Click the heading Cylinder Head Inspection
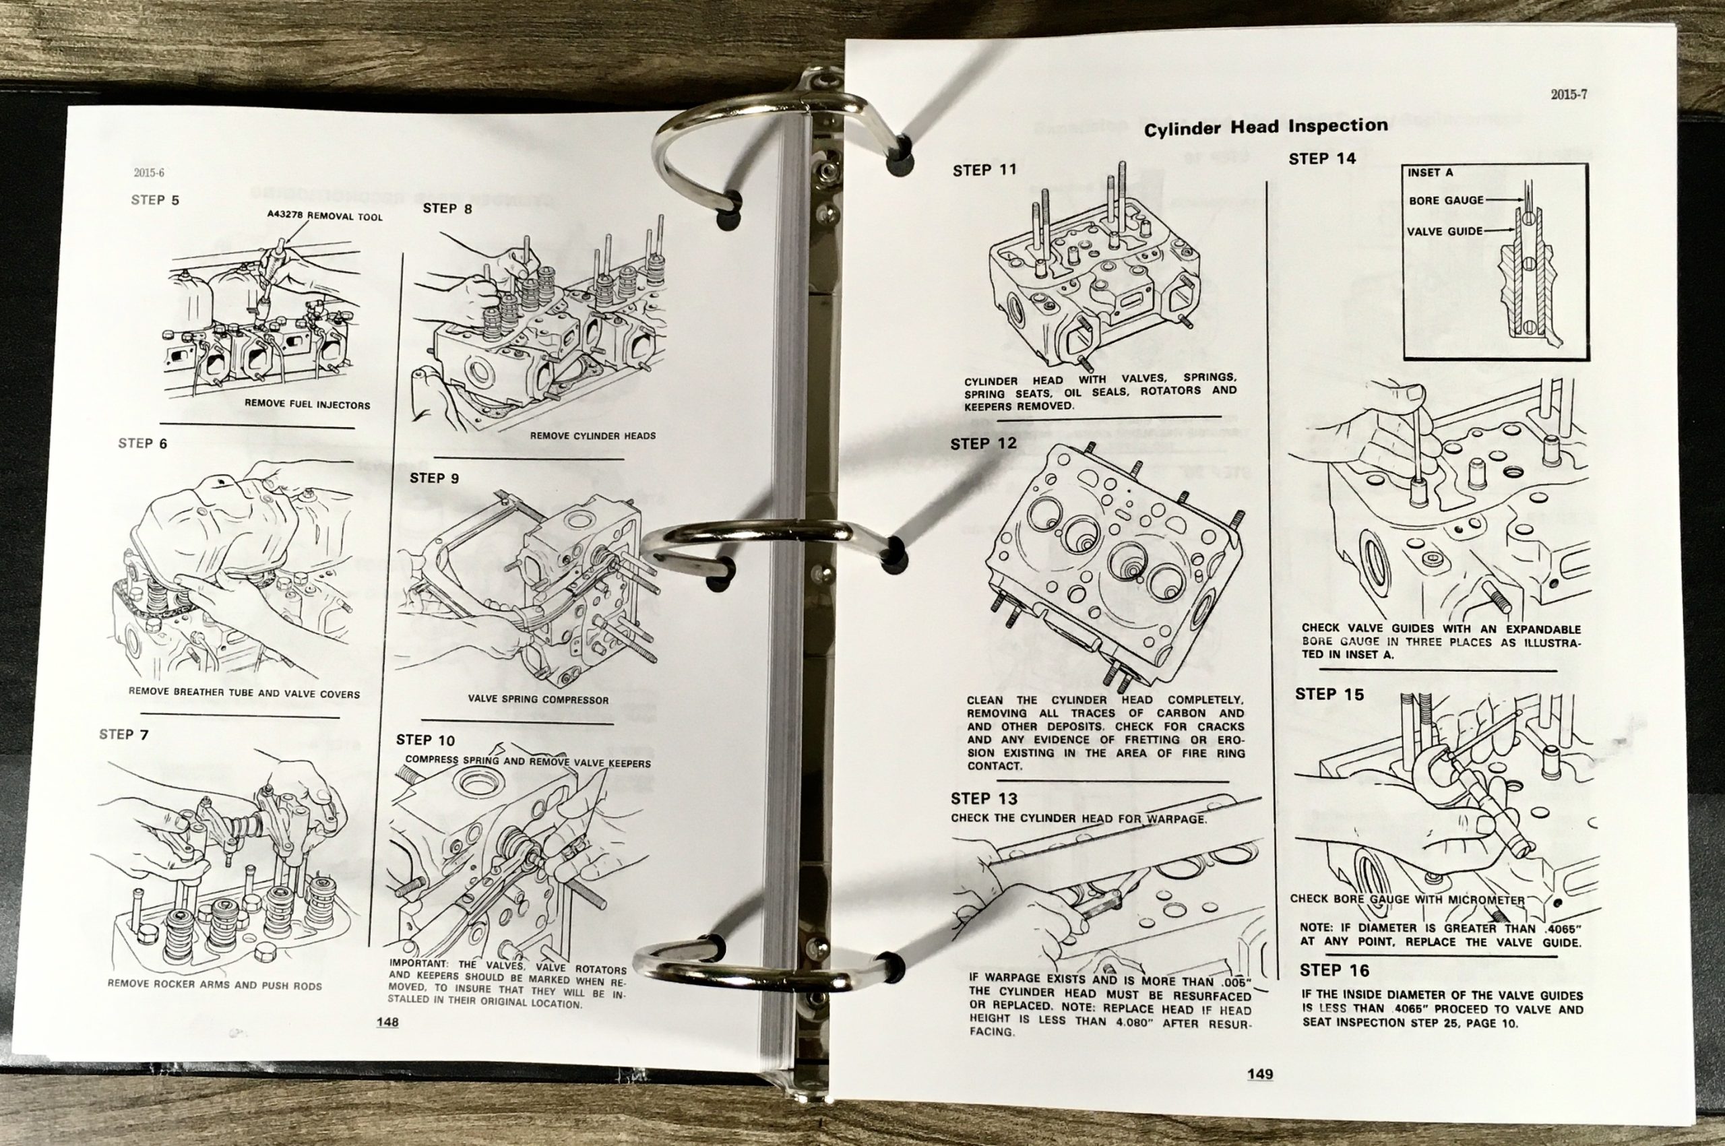point(1265,127)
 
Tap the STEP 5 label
point(155,200)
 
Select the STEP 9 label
point(434,478)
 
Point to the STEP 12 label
point(983,443)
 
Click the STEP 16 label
point(1334,971)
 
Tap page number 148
point(387,1022)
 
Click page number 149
point(1260,1075)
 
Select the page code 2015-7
point(1569,94)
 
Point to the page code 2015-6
point(149,173)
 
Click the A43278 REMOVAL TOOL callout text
point(325,216)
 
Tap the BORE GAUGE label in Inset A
point(1447,200)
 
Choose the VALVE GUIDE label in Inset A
point(1445,232)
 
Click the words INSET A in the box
point(1431,172)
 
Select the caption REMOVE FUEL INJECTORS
point(307,404)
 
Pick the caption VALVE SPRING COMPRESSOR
point(538,699)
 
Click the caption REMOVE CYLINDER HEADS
point(593,436)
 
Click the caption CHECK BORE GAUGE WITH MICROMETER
point(1407,899)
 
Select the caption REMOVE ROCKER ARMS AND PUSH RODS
point(214,984)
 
